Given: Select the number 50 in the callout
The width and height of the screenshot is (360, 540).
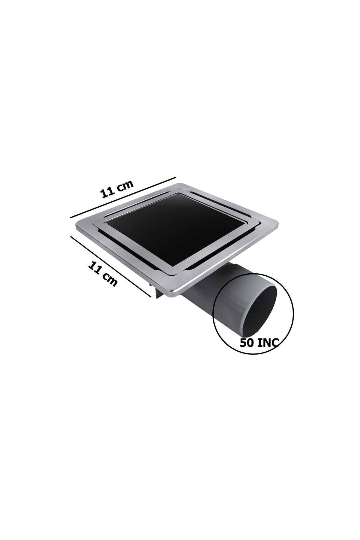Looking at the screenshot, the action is pos(247,343).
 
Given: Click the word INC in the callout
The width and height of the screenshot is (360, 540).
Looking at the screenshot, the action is pos(268,343).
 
